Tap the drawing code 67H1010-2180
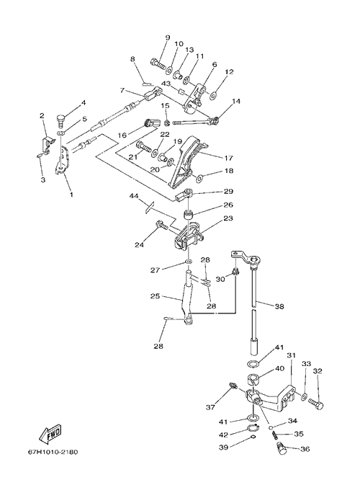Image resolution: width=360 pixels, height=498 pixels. [53, 451]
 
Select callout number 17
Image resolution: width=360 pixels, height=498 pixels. [228, 158]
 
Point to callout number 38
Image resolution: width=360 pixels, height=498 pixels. [279, 306]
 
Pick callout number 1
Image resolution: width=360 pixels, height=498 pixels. [71, 194]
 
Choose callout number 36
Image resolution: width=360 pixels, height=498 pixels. [305, 449]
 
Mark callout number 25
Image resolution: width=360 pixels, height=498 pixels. [156, 296]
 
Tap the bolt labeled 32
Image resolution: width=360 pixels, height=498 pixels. [315, 404]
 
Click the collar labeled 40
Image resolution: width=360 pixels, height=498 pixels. [253, 380]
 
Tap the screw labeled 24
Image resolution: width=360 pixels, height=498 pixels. [161, 225]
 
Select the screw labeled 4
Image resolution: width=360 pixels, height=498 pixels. [60, 120]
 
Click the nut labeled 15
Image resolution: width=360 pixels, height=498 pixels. [167, 123]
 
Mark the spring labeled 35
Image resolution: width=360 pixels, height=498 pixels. [274, 435]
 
